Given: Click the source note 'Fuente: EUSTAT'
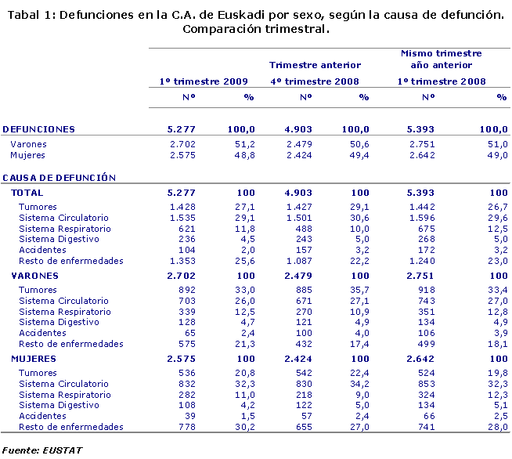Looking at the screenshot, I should point(43,450).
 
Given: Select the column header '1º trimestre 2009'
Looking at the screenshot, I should point(204,81).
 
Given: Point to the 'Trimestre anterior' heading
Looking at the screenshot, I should point(315,65).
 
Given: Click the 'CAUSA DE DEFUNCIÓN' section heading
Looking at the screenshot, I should point(59,178).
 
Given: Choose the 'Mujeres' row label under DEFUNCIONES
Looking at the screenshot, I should point(27,156).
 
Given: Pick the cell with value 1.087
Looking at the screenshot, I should point(298,261).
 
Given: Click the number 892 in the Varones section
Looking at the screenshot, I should point(187,290).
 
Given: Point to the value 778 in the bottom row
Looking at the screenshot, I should point(187,427).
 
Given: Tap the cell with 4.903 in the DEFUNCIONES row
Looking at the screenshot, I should point(298,129).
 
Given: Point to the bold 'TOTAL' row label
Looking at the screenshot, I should point(27,193).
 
